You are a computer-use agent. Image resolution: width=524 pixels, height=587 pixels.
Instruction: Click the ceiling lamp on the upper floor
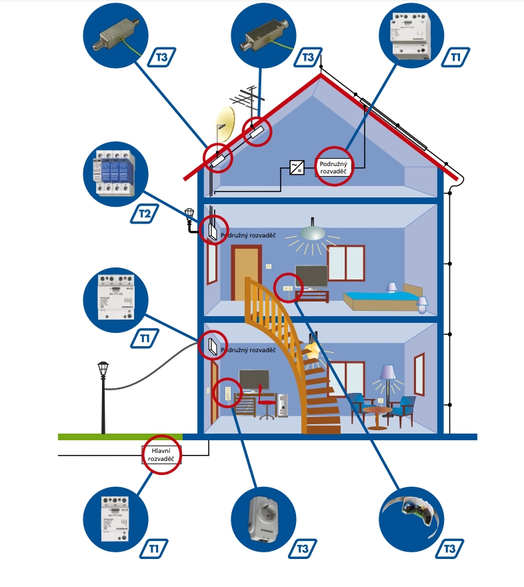coord(313,233)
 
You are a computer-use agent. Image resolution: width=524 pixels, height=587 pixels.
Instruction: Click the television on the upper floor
coord(312,275)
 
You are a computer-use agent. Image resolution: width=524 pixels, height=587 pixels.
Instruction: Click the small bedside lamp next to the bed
coord(421,304)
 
